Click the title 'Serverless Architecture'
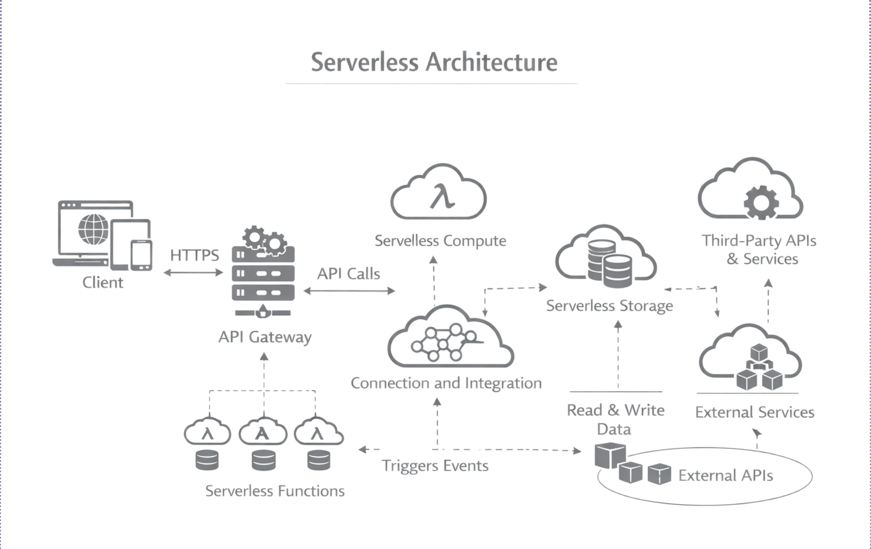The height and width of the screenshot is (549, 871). (x=434, y=62)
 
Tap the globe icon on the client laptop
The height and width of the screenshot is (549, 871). (x=93, y=229)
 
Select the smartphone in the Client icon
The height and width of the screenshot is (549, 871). (x=141, y=255)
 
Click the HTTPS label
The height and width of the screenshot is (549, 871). (x=194, y=255)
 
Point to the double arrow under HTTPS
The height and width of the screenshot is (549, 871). (x=193, y=273)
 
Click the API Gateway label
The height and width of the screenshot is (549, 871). (x=265, y=337)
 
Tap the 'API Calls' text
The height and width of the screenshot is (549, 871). (x=348, y=274)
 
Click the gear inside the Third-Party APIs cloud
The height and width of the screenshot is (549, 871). (x=761, y=202)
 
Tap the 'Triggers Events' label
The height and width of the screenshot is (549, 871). (x=435, y=466)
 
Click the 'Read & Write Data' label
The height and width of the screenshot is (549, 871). (x=615, y=419)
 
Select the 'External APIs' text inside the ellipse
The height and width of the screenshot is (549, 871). (x=726, y=475)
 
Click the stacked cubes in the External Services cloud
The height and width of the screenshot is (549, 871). (x=759, y=368)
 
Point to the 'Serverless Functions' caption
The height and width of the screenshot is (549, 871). (x=275, y=491)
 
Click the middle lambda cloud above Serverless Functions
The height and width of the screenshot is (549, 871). (x=263, y=432)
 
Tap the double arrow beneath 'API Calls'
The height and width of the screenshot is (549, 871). (x=349, y=291)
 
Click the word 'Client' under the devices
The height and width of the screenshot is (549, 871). (x=103, y=282)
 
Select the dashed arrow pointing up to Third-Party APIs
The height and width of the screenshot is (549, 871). (x=768, y=301)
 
